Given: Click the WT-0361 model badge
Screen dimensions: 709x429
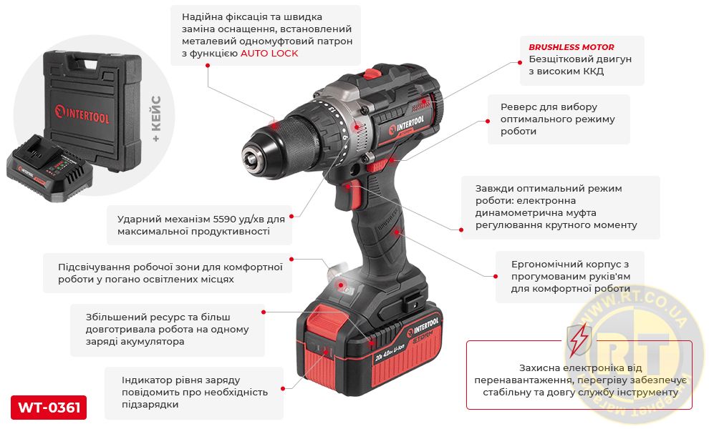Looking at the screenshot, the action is (x=49, y=408).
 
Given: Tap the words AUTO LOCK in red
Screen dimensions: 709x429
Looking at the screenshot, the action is (x=269, y=54).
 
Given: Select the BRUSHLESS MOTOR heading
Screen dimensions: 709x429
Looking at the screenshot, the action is (x=571, y=47).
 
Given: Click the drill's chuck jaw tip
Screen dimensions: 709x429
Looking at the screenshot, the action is (x=250, y=159).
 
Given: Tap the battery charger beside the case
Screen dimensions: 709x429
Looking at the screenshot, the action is (x=49, y=168).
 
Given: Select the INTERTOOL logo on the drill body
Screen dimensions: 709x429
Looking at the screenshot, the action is (x=407, y=126).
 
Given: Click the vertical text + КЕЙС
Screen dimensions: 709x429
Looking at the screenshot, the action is (x=156, y=119).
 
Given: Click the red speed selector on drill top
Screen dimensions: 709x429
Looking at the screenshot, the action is (x=372, y=73).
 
